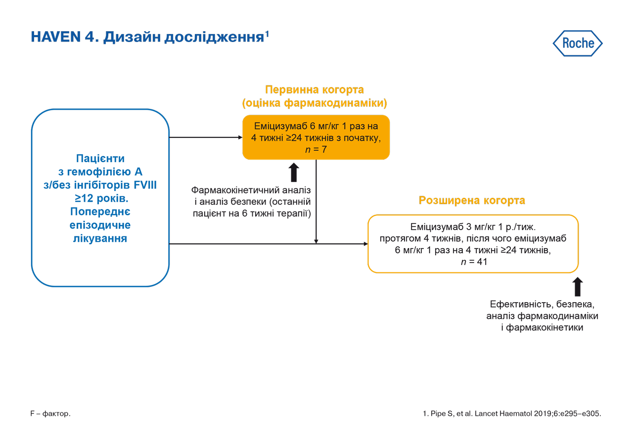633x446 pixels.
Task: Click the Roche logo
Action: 578,44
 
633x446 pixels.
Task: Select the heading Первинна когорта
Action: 315,90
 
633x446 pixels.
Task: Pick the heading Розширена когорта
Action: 472,201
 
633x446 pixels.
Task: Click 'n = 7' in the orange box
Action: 316,149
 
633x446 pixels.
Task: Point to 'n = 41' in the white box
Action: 474,262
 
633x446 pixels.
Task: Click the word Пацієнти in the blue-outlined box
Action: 100,159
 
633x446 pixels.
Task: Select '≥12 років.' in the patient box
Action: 100,199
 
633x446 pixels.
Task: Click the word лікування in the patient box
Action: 100,239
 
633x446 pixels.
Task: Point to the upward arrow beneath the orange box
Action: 294,173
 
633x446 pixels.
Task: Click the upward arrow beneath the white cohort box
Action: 578,287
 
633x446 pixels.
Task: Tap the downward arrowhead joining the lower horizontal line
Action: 316,241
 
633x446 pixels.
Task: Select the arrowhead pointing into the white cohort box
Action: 365,244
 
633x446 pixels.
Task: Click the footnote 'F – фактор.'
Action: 50,413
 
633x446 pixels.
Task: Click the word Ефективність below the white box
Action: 520,304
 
